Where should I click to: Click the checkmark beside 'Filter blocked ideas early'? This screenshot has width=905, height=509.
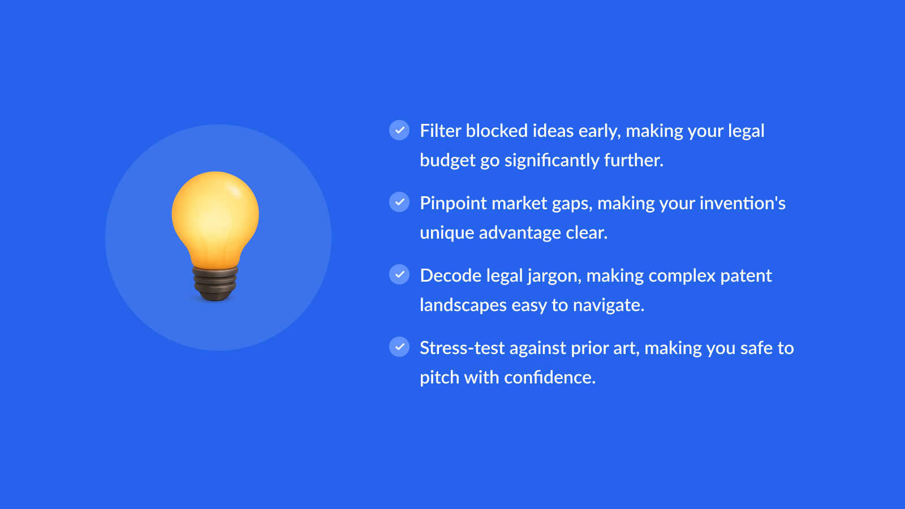click(x=399, y=130)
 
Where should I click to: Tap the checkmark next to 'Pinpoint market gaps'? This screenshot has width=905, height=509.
click(x=399, y=202)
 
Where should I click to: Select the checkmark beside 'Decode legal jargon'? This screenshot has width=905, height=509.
click(x=399, y=274)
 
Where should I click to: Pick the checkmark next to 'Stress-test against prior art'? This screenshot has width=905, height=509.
click(x=399, y=347)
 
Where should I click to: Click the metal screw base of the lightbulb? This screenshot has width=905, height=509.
click(x=215, y=283)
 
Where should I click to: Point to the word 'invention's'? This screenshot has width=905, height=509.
click(x=743, y=203)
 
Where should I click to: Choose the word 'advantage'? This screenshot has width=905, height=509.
click(x=520, y=232)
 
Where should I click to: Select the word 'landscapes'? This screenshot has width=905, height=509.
click(x=463, y=305)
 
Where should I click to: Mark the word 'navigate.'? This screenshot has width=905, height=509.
click(x=609, y=305)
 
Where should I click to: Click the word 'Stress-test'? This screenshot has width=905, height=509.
click(x=462, y=348)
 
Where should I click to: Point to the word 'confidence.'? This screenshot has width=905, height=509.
click(x=550, y=377)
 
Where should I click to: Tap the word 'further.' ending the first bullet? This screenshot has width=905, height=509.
click(x=634, y=161)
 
